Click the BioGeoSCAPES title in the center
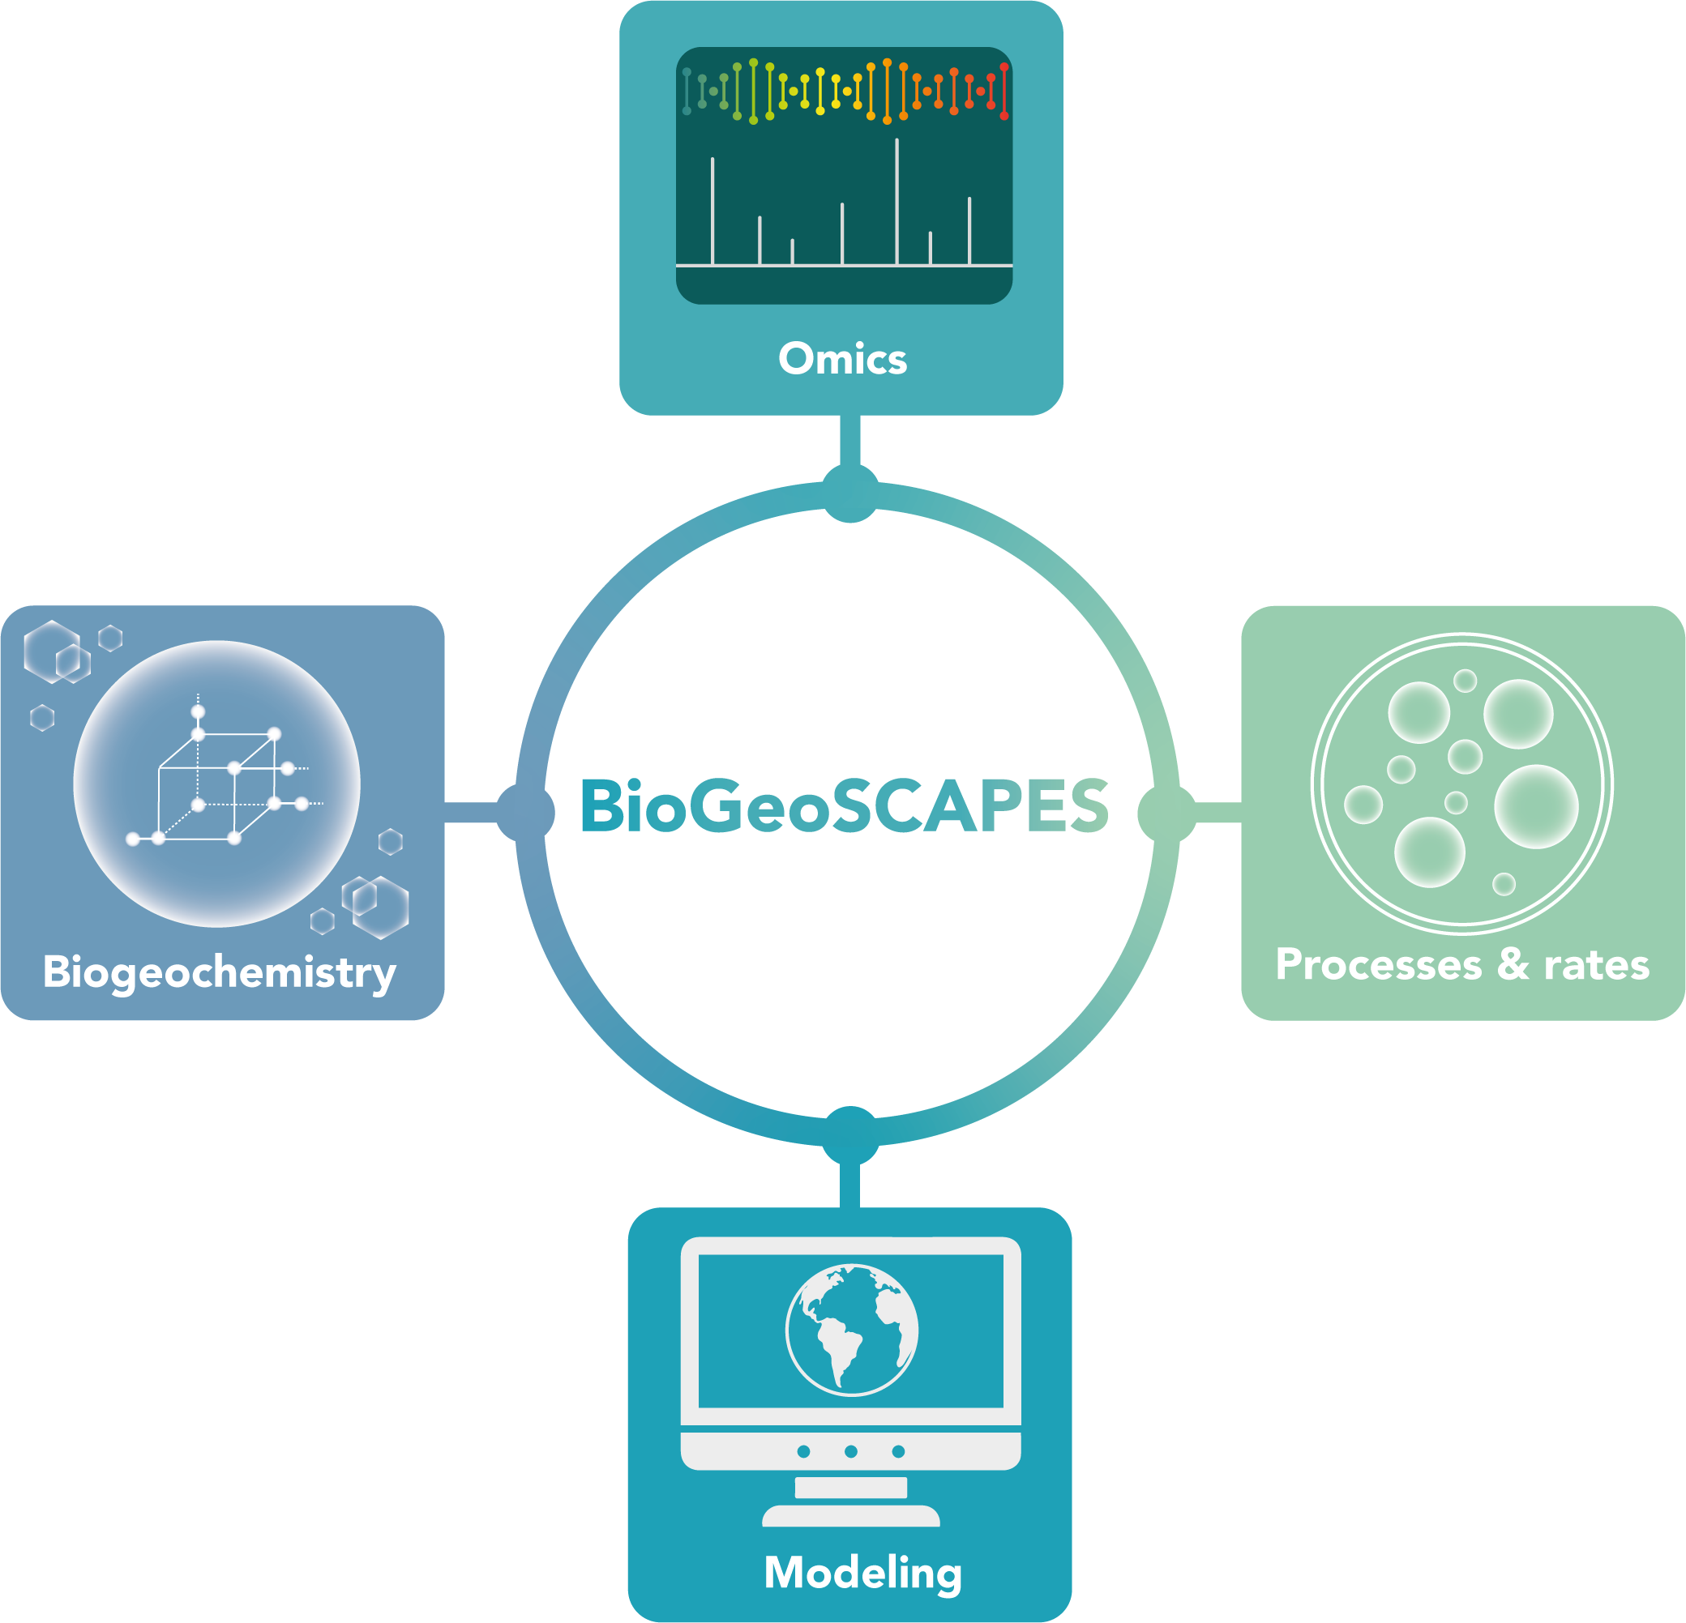pyautogui.click(x=845, y=806)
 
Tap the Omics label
pyautogui.click(x=842, y=359)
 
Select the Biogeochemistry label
pyautogui.click(x=220, y=972)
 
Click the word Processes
pyautogui.click(x=1378, y=965)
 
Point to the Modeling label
pyautogui.click(x=862, y=1572)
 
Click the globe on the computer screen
pyautogui.click(x=852, y=1330)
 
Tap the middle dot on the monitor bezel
pyautogui.click(x=851, y=1452)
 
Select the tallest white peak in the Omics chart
pyautogui.click(x=897, y=201)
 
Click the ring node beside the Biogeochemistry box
pyautogui.click(x=525, y=812)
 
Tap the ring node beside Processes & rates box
pyautogui.click(x=1166, y=812)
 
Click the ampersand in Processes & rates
pyautogui.click(x=1513, y=964)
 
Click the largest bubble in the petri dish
pyautogui.click(x=1536, y=807)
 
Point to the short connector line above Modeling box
pyautogui.click(x=849, y=1186)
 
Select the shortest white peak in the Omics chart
pyautogui.click(x=792, y=251)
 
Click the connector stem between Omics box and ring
pyautogui.click(x=849, y=439)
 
